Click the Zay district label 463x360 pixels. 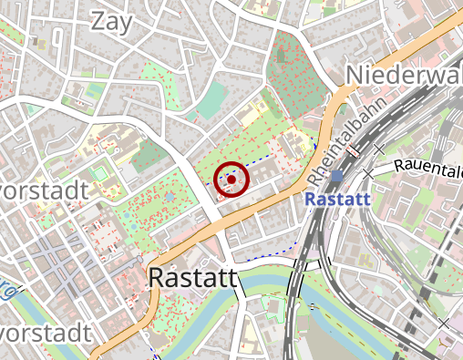[113, 20]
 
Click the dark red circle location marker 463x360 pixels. [231, 179]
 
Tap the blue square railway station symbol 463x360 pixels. [337, 176]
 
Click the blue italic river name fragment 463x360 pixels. [7, 293]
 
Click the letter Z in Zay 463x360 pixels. [98, 20]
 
